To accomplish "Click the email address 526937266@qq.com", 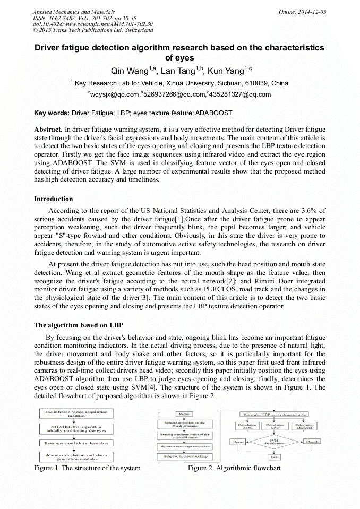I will tap(175, 94).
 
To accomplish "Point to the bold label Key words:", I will tap(52, 113).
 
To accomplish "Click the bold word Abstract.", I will tap(48, 130).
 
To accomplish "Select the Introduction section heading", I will tap(54, 199).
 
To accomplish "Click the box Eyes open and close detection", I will tap(75, 443).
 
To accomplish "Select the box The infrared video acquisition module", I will tap(75, 413).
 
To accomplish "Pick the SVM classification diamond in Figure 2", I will tap(274, 441).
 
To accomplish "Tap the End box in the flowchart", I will tap(274, 456).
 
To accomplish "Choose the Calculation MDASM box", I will tap(305, 426).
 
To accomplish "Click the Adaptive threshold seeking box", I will tap(185, 456).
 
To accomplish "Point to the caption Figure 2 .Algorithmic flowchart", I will tap(234, 468).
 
